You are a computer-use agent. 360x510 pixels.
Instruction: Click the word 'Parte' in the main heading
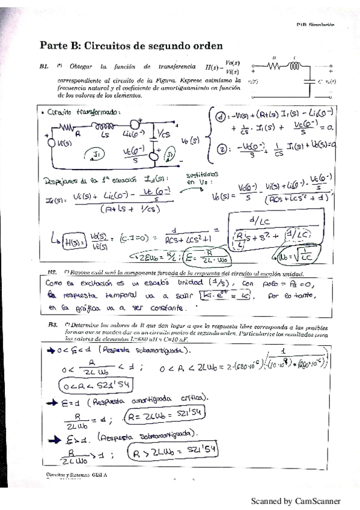55,45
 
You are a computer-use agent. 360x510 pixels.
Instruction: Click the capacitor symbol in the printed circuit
308,78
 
